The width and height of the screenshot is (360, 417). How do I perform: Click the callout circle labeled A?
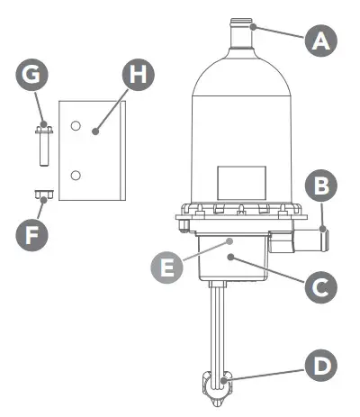pos(320,41)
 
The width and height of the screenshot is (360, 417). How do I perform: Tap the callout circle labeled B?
pos(320,186)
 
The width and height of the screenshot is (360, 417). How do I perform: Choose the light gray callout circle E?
pos(165,267)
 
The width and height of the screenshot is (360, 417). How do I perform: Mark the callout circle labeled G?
pos(32,76)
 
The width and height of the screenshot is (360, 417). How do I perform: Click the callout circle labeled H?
pos(136,76)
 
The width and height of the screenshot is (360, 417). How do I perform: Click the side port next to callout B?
pos(310,240)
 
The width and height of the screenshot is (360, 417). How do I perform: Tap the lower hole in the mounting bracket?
pos(76,173)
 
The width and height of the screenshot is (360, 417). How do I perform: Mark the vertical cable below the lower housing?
pos(219,324)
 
